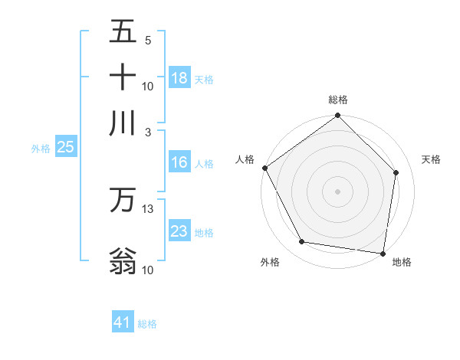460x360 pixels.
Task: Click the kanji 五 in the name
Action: [x=123, y=33]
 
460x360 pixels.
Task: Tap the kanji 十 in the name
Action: [x=123, y=77]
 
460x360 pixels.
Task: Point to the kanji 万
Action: [x=123, y=200]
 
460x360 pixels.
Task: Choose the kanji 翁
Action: [x=123, y=260]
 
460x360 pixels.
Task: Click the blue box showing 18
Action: [x=179, y=78]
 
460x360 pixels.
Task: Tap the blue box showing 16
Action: [x=179, y=162]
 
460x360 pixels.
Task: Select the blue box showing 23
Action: [x=179, y=231]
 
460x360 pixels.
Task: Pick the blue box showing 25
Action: [x=65, y=148]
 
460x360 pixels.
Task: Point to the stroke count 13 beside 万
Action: [x=148, y=208]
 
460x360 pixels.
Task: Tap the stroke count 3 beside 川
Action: [x=147, y=131]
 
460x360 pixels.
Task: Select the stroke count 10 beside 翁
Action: [x=148, y=270]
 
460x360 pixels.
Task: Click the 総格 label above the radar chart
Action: [x=338, y=100]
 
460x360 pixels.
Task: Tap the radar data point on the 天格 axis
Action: [x=396, y=172]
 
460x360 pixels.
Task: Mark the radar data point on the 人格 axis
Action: [x=264, y=168]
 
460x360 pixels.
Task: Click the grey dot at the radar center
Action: [x=338, y=191]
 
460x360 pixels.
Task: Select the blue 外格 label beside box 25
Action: [x=41, y=149]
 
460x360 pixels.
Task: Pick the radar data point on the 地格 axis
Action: [x=383, y=253]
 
